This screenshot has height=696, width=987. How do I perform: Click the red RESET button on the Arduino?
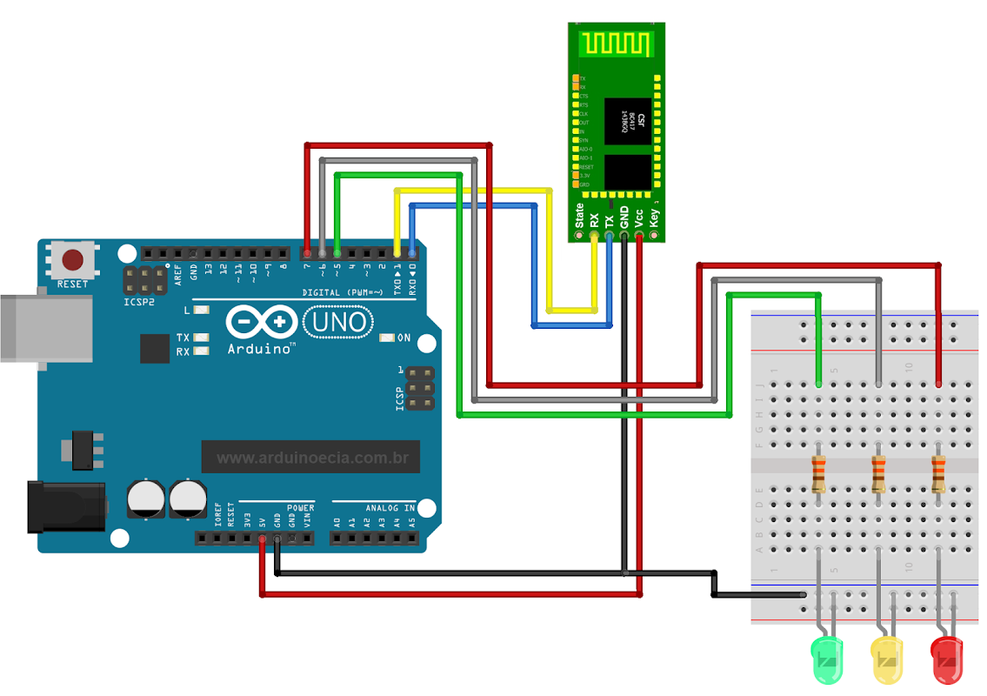click(73, 259)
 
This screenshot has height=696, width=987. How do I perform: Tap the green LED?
click(827, 659)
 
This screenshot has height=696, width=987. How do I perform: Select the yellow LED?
click(887, 659)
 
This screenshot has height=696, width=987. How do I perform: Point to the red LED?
click(947, 659)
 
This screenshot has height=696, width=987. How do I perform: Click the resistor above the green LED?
click(819, 474)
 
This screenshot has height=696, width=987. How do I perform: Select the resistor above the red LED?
click(938, 474)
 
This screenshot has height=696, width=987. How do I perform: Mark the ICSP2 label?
click(140, 302)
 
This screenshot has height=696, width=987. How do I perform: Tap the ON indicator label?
click(403, 338)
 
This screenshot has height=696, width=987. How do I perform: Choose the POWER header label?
click(300, 507)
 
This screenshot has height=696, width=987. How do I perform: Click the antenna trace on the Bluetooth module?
click(617, 43)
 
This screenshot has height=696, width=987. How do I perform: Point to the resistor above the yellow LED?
click(879, 474)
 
